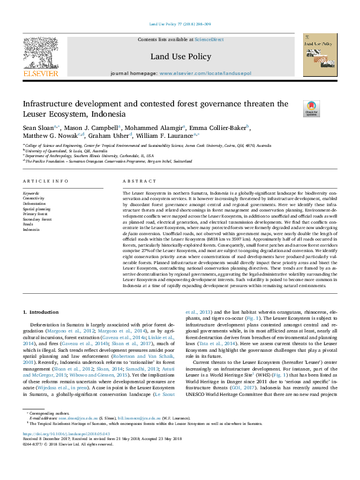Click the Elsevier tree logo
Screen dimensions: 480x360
40,57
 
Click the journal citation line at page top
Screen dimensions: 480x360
180,25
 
